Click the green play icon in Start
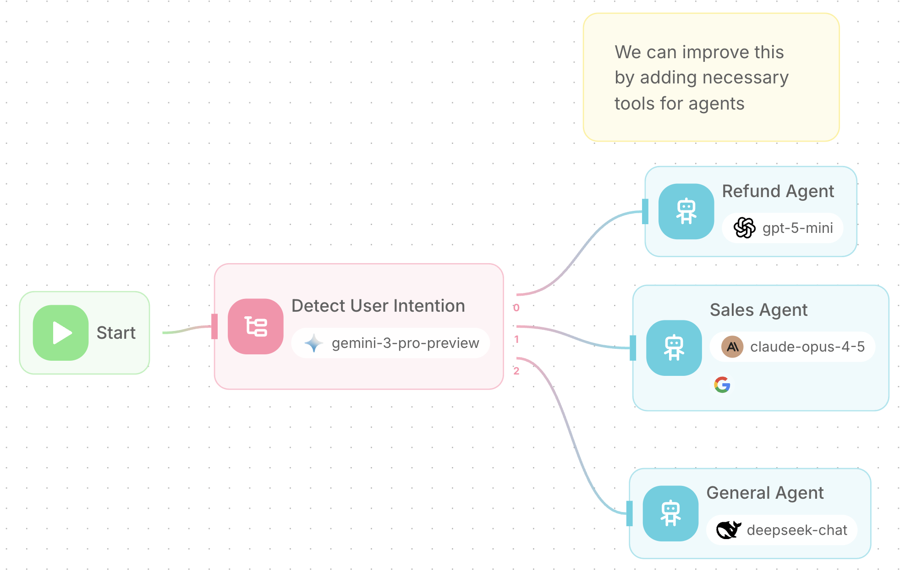pos(60,333)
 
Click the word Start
pos(116,333)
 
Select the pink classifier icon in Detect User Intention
pos(255,326)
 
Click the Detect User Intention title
pos(378,306)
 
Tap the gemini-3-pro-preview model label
pos(405,343)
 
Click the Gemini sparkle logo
pos(314,343)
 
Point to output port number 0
pos(516,308)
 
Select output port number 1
pos(516,340)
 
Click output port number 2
pos(516,371)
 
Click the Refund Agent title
pos(778,191)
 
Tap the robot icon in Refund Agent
pos(686,211)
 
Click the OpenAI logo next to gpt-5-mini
pos(744,228)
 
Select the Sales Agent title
pos(758,310)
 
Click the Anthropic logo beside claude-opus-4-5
pos(732,347)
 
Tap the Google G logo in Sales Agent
pos(722,385)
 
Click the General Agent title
pos(765,493)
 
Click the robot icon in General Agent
pos(670,513)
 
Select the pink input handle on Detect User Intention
pos(214,326)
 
